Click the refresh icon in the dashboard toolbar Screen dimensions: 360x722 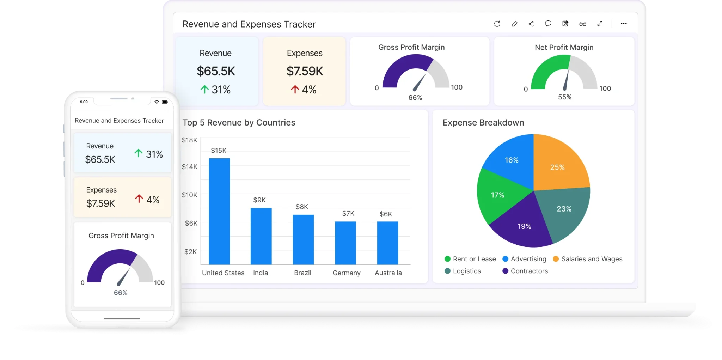[497, 24]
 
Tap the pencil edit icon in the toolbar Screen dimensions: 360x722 [514, 24]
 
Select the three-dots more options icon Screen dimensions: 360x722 [624, 24]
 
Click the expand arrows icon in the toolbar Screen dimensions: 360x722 [600, 24]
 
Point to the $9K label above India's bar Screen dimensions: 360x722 [259, 200]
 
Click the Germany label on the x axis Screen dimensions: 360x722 [346, 273]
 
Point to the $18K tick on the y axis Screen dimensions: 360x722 [189, 140]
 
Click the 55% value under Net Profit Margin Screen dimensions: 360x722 [564, 97]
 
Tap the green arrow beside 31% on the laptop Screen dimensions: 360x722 [204, 90]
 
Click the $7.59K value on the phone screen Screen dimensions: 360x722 [100, 203]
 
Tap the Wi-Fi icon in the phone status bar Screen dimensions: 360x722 [157, 102]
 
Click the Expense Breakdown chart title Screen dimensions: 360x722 [483, 122]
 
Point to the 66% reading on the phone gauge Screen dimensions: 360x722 [121, 293]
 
